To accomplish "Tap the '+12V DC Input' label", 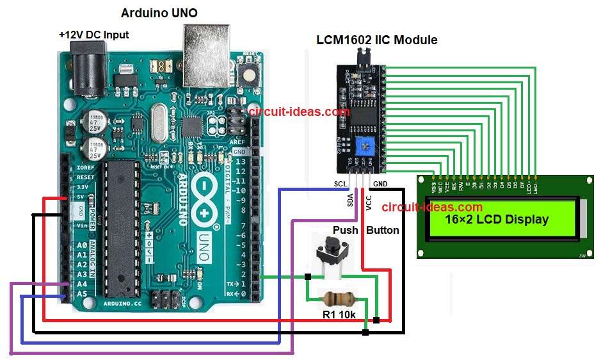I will (x=93, y=35).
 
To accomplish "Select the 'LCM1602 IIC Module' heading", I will (x=377, y=40).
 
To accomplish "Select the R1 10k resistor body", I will (x=337, y=298).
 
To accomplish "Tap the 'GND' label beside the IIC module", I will (x=380, y=184).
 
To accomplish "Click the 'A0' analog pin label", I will (x=82, y=246).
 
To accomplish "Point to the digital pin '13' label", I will (x=240, y=162).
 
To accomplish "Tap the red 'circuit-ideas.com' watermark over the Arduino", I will (x=299, y=111).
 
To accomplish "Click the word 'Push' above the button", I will (x=345, y=230).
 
